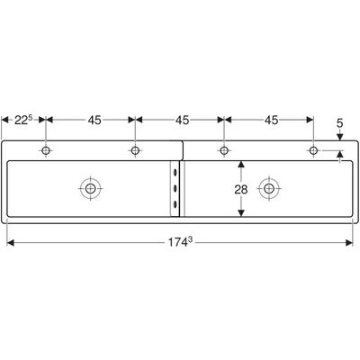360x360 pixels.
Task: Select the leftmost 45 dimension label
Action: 94,120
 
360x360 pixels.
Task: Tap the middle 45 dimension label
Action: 183,120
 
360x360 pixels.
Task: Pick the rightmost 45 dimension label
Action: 271,120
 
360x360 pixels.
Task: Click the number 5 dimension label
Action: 339,123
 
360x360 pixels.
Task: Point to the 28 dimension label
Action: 241,190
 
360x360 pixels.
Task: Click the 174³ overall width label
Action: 179,242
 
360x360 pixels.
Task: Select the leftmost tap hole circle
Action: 46,150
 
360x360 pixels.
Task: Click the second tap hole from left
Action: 135,150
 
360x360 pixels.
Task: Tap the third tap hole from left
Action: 224,150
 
